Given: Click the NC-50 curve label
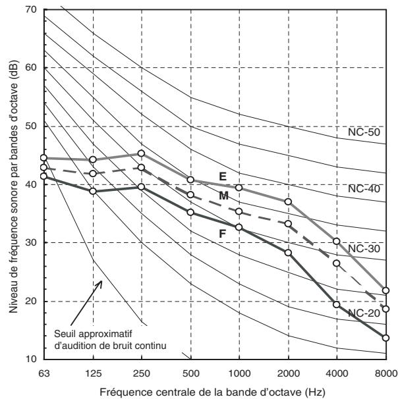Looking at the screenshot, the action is [364, 132].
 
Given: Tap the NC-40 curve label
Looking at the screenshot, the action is [364, 189].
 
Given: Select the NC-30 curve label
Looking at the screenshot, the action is [364, 249].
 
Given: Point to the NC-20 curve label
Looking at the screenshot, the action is [364, 313].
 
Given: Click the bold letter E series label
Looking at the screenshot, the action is [223, 176].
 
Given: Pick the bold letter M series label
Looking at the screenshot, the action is [223, 196].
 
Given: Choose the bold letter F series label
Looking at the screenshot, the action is [222, 233].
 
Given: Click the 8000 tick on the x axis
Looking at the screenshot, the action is [386, 373].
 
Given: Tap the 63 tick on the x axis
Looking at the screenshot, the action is [44, 373].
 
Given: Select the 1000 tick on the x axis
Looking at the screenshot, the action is [239, 373].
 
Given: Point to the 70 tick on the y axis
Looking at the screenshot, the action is [32, 10].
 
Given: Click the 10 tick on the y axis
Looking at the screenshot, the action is [32, 359].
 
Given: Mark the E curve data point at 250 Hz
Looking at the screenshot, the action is [141, 153].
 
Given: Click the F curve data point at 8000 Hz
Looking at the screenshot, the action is [385, 338].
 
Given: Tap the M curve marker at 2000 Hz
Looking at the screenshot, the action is [288, 224].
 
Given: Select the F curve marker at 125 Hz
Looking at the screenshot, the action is [93, 191].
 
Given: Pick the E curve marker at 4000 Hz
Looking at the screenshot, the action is [337, 241].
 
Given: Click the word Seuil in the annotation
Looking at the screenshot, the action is [65, 334].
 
